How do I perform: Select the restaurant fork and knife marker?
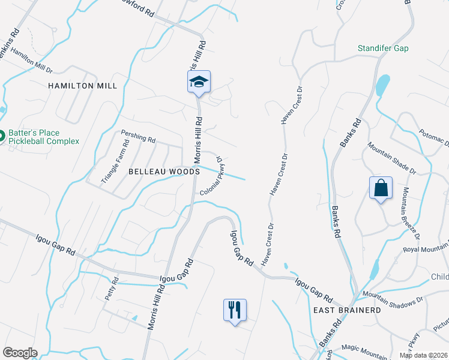(235, 310)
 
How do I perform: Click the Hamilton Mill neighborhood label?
(82, 86)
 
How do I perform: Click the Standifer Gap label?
(383, 48)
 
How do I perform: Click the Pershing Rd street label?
(137, 137)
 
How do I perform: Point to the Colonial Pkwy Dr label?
(212, 176)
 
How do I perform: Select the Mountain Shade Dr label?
(392, 158)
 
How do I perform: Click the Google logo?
(20, 353)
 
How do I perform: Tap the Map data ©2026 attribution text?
(423, 355)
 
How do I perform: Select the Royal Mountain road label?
(426, 248)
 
